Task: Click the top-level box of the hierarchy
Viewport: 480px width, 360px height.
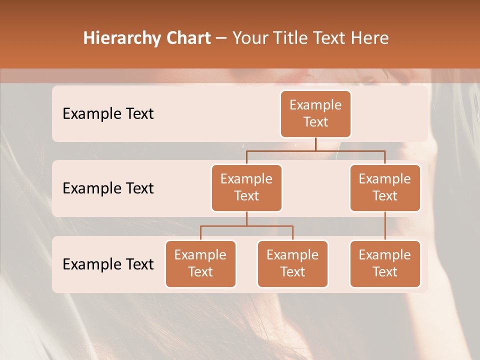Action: pos(315,113)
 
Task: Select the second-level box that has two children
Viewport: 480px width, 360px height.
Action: pos(246,187)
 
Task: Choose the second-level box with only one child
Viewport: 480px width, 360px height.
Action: pos(385,187)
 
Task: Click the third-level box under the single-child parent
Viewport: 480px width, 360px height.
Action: pos(385,263)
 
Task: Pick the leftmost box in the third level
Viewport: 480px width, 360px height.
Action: pos(200,263)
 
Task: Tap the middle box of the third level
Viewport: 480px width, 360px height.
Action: pos(292,263)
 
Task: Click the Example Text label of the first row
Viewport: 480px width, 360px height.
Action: pos(108,113)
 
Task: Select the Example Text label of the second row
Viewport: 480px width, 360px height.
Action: pos(108,188)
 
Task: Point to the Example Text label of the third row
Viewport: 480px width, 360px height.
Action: pos(108,264)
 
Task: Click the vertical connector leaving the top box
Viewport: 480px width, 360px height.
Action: pos(315,144)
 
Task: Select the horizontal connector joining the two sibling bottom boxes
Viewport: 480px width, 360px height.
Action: pos(246,226)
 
